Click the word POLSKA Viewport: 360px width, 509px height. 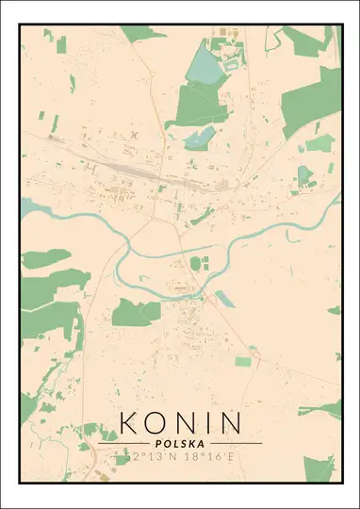point(180,442)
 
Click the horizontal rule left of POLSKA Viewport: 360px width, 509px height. point(123,442)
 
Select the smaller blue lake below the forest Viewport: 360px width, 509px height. point(201,140)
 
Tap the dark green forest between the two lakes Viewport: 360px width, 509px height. point(198,104)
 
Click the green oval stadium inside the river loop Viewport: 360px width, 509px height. point(195,263)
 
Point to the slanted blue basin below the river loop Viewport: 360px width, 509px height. point(225,300)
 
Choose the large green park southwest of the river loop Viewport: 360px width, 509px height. point(138,313)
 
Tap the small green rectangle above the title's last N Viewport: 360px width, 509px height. point(243,361)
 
